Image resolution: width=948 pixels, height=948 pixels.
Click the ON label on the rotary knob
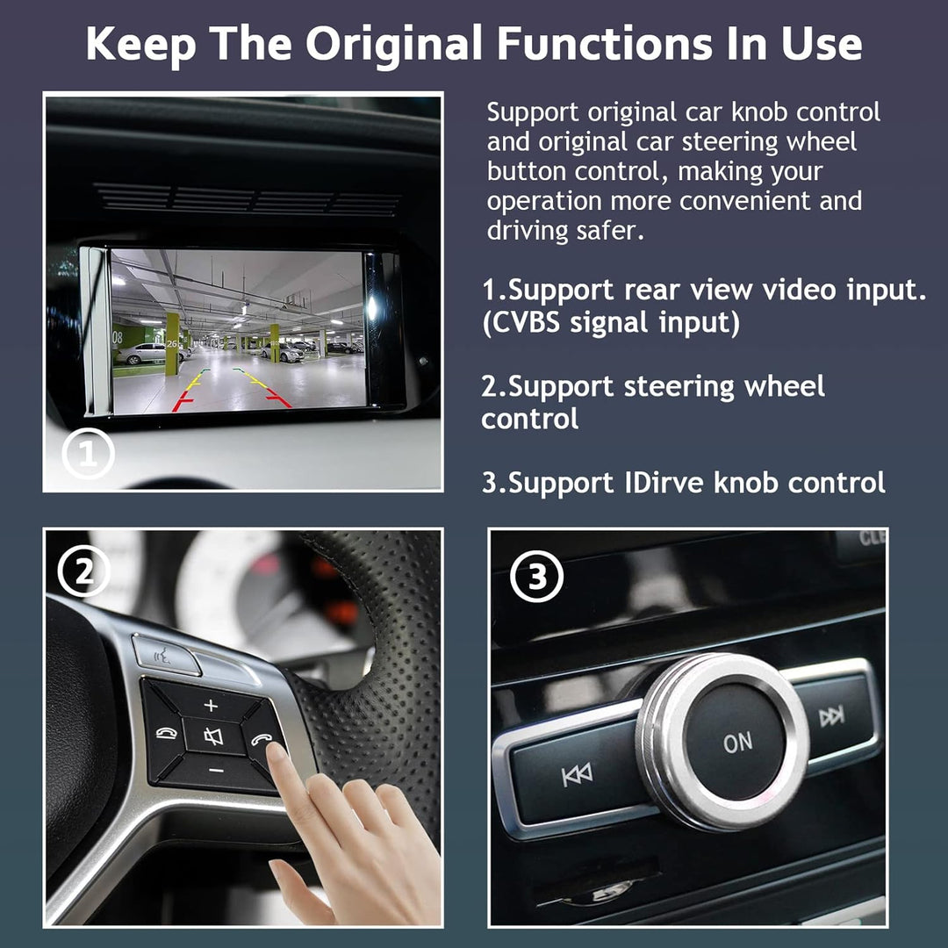(x=737, y=742)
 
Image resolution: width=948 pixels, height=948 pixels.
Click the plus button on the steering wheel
(x=211, y=705)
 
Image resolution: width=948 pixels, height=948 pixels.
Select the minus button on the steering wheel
(x=216, y=770)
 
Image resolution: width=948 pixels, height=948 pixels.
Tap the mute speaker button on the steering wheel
(x=213, y=736)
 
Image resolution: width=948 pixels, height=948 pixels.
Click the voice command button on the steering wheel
(x=164, y=654)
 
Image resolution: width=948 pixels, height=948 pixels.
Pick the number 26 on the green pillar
(x=171, y=344)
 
